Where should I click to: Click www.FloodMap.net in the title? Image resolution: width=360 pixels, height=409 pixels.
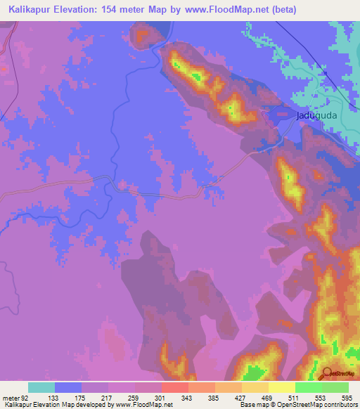(222, 10)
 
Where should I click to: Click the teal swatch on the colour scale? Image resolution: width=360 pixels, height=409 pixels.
(41, 387)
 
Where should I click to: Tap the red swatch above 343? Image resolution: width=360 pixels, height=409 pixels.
(174, 387)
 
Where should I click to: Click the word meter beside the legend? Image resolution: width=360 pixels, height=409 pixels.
(12, 398)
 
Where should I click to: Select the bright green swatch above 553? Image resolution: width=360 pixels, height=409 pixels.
(308, 387)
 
